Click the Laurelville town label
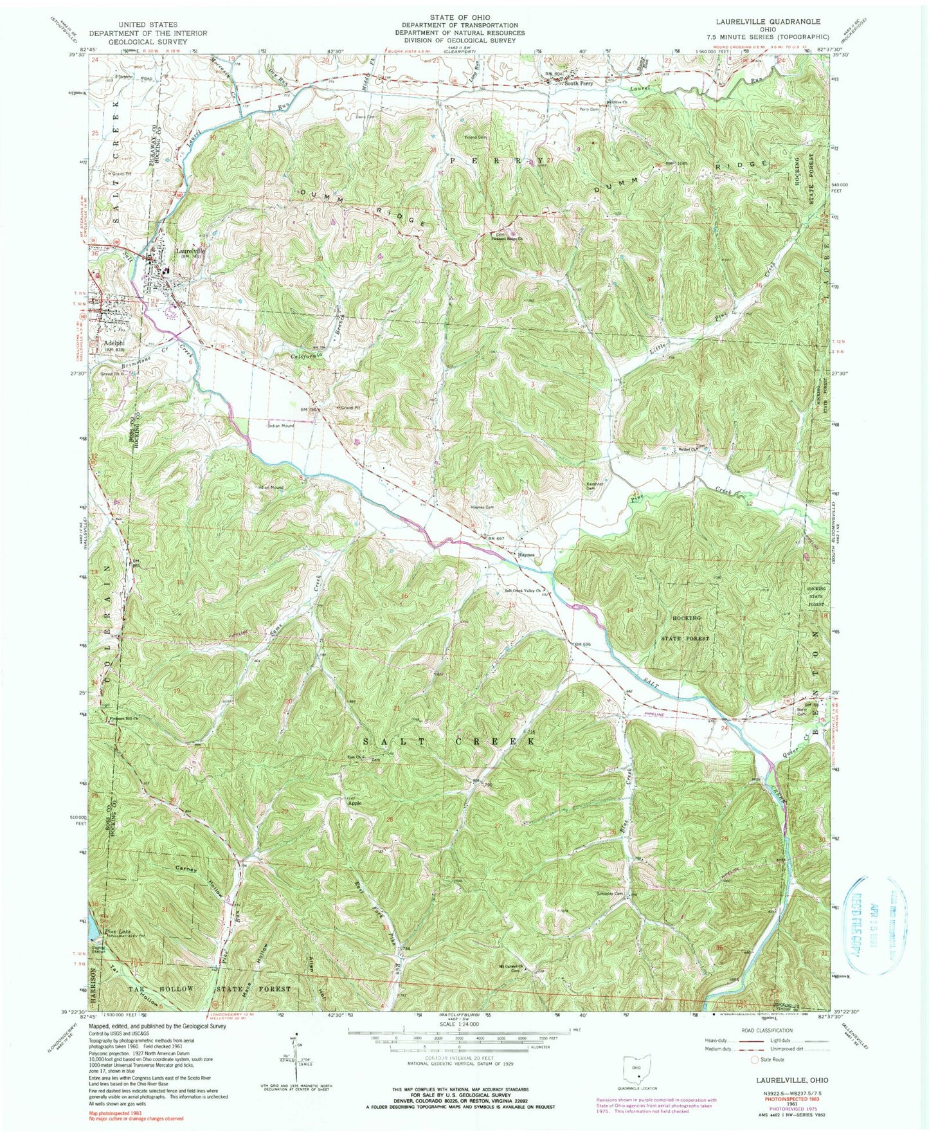pyautogui.click(x=191, y=251)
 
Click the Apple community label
pyautogui.click(x=355, y=803)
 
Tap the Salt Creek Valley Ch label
pyautogui.click(x=521, y=590)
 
